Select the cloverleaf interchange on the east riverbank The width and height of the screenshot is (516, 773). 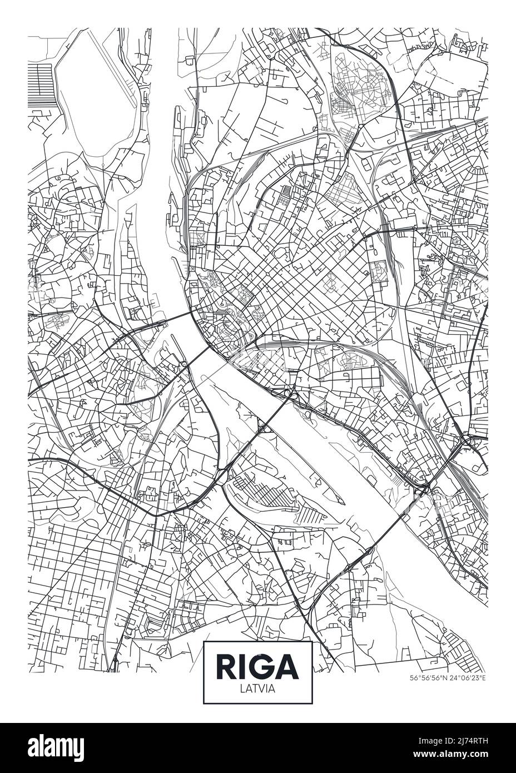(x=288, y=394)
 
